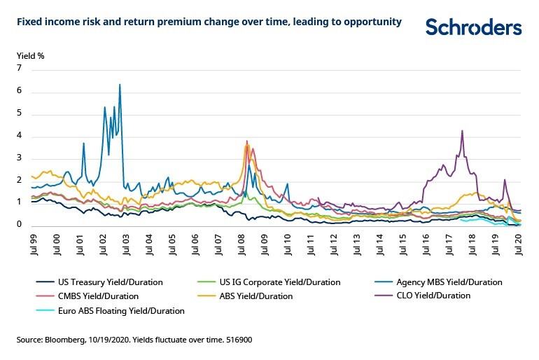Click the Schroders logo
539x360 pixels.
474,27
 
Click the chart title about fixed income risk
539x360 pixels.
209,22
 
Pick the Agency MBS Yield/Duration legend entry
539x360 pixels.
449,282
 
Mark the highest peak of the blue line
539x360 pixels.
120,85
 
